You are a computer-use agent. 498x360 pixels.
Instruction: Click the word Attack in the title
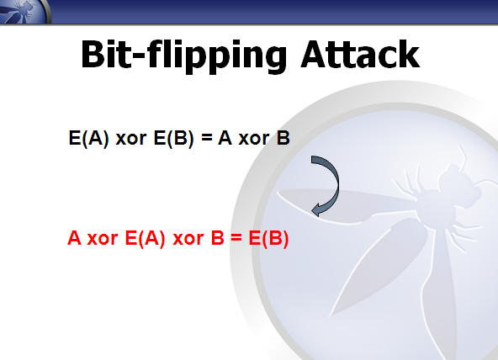[x=360, y=54]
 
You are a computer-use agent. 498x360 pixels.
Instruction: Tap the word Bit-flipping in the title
[x=184, y=56]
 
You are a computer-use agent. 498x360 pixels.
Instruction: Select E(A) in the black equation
[x=88, y=139]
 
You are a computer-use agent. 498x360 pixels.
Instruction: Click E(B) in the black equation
[x=173, y=139]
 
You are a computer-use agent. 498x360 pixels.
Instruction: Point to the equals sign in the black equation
[x=206, y=138]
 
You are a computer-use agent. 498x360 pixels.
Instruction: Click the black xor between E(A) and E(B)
[x=131, y=139]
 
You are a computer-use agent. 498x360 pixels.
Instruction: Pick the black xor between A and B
[x=254, y=139]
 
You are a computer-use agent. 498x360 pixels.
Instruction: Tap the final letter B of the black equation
[x=283, y=138]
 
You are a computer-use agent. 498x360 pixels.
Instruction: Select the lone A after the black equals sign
[x=225, y=138]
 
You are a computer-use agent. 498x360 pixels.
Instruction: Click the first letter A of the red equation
[x=74, y=238]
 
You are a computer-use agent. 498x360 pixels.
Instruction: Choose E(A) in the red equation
[x=146, y=238]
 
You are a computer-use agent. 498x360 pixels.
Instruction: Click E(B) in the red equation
[x=268, y=238]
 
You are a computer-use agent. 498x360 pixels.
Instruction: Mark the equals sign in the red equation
[x=236, y=238]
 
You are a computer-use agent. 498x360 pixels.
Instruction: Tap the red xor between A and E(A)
[x=103, y=239]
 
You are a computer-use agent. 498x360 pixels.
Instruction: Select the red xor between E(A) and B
[x=188, y=239]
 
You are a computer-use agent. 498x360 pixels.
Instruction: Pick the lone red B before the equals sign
[x=218, y=238]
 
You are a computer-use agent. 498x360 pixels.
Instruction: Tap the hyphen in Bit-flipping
[x=138, y=57]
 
